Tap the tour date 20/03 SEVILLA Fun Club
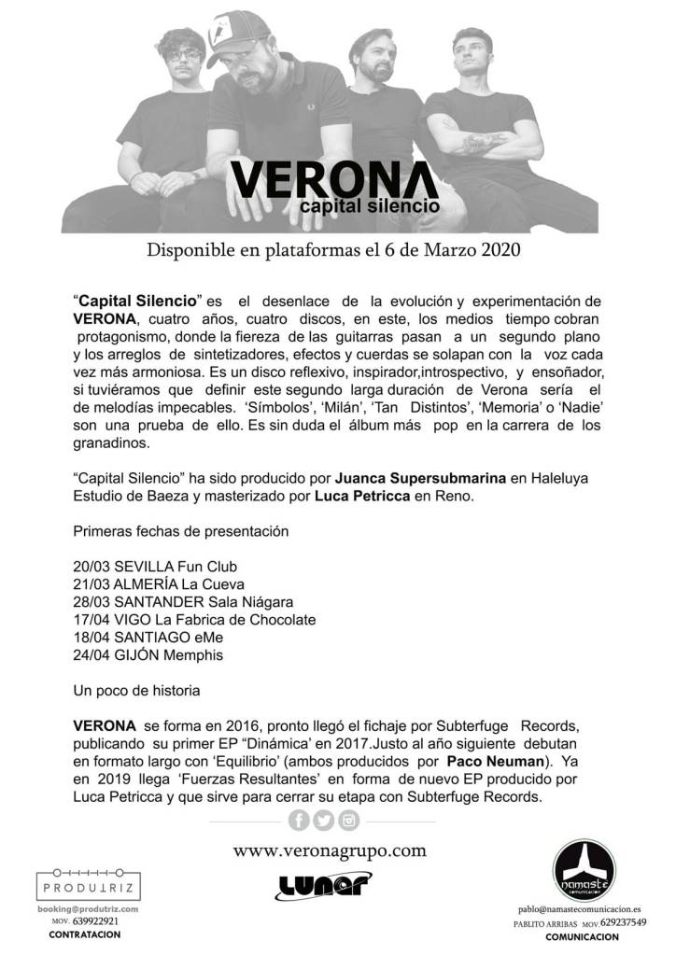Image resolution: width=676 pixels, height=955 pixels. coord(154,566)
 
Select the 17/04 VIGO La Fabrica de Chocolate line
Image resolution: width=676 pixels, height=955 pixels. coord(193,619)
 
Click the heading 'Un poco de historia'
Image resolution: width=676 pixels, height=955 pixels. coord(136,691)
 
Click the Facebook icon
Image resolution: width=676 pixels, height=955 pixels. coord(300,821)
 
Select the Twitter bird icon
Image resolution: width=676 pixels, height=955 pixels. coord(324,821)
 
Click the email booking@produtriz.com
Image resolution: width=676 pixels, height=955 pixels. coord(90,908)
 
